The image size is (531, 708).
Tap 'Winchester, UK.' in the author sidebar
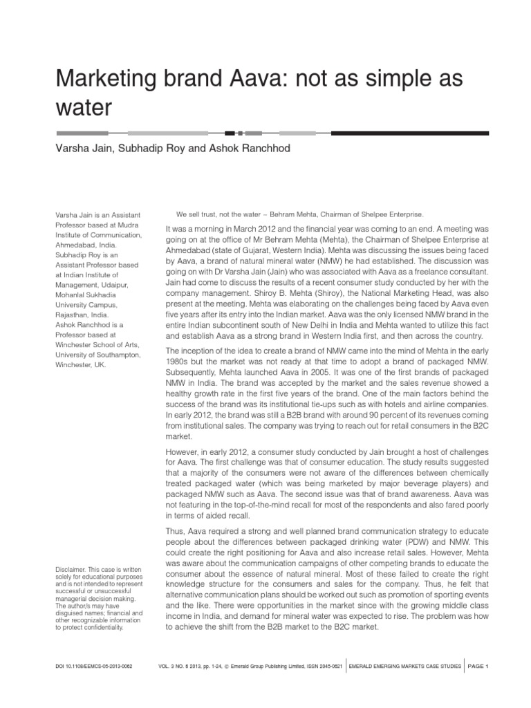click(81, 364)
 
